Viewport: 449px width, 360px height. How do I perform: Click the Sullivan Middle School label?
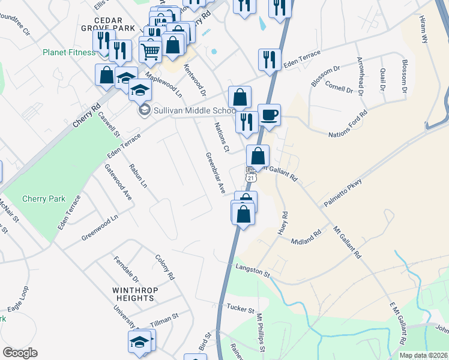click(186, 110)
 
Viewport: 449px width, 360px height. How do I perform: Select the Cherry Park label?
click(38, 199)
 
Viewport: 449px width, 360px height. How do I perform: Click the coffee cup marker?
click(269, 115)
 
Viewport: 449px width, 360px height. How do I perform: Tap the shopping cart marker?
click(150, 50)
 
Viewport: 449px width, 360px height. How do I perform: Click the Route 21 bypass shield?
click(251, 176)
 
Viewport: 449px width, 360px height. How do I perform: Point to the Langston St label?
click(253, 271)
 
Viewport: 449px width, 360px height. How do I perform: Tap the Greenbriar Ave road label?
click(215, 173)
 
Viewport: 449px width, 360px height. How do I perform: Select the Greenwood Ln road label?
click(100, 228)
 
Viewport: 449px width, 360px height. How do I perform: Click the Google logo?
click(20, 353)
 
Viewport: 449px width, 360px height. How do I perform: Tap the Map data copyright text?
click(423, 355)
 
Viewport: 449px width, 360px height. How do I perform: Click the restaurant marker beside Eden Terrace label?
click(268, 60)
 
